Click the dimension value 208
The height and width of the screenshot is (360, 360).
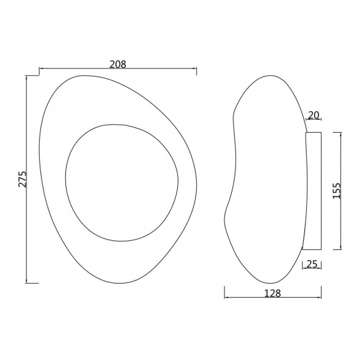(118, 64)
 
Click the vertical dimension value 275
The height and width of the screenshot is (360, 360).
(23, 179)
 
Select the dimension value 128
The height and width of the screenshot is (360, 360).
(273, 293)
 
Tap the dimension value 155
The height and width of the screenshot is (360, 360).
(337, 191)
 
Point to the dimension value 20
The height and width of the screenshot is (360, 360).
(314, 115)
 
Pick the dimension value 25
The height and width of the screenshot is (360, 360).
(312, 264)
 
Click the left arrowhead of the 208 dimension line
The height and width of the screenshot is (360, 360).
(42, 68)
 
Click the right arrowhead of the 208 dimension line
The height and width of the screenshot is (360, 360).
(194, 68)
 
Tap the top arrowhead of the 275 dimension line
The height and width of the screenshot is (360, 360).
(27, 78)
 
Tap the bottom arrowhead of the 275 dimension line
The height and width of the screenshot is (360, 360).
(27, 281)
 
